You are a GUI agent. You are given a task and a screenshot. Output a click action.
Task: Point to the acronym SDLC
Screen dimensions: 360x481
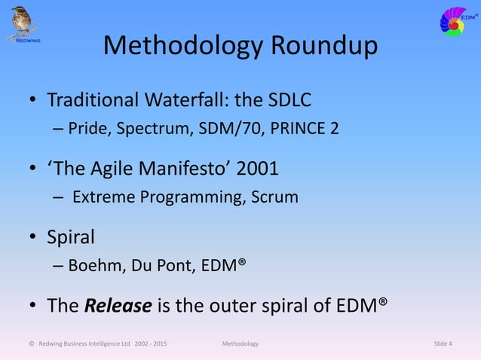click(286, 100)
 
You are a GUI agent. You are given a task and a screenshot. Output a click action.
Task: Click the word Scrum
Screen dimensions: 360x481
click(275, 197)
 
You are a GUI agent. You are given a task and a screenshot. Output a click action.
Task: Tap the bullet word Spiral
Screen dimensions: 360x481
click(71, 237)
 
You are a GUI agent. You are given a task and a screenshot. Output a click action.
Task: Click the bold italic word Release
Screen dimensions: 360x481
click(114, 306)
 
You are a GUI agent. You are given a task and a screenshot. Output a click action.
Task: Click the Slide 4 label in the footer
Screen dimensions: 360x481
click(443, 344)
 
